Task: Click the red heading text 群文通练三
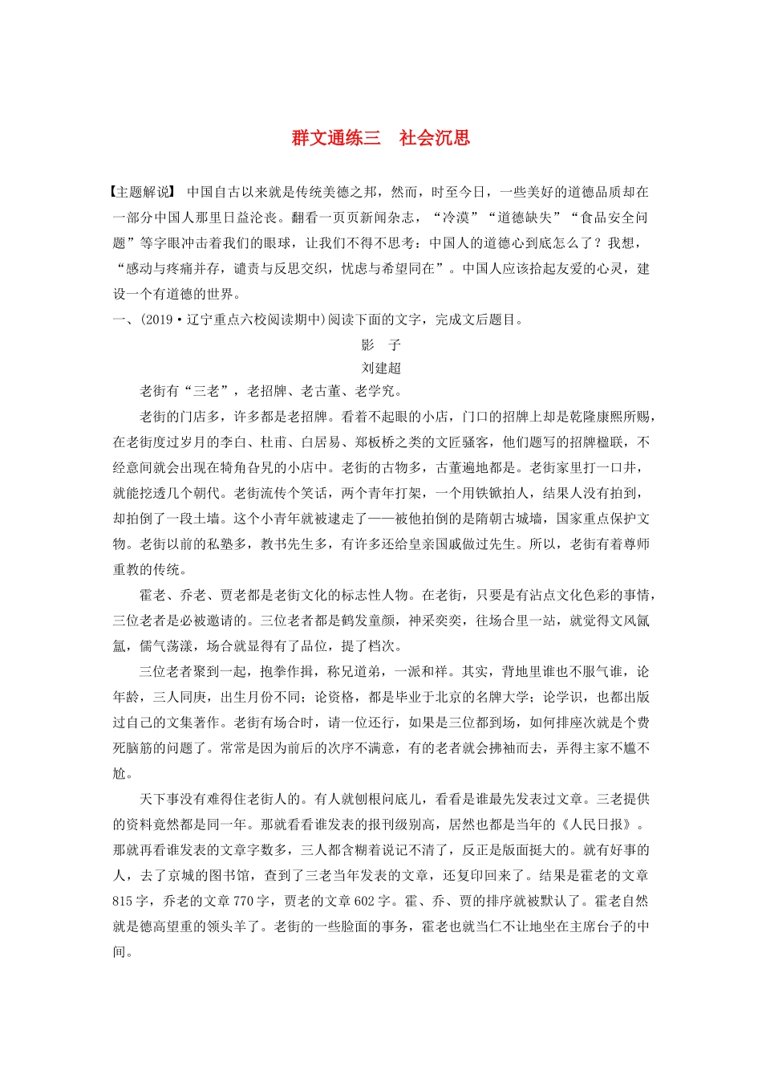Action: (336, 138)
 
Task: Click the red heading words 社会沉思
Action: (434, 138)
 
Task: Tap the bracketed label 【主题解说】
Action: (142, 193)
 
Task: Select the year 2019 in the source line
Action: (159, 320)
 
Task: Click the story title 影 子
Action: (381, 345)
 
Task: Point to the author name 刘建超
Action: (381, 368)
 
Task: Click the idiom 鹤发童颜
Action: (367, 621)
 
